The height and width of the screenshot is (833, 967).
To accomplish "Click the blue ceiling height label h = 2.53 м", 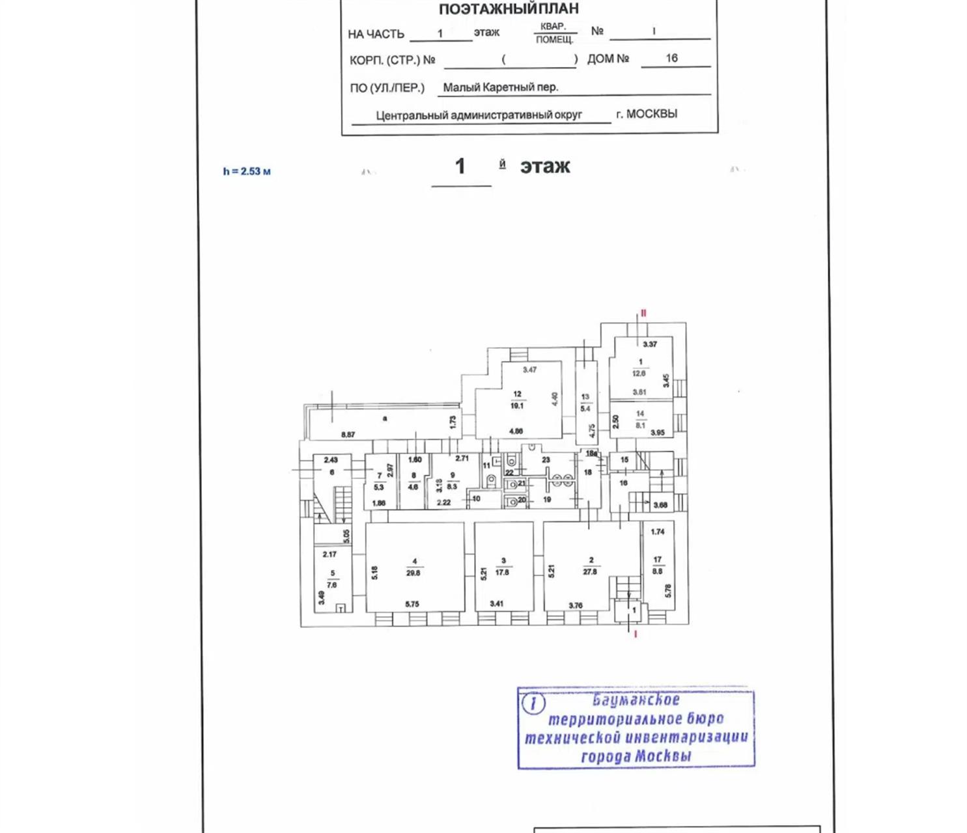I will pos(246,171).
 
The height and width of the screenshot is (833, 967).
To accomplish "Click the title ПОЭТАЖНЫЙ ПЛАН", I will pos(509,9).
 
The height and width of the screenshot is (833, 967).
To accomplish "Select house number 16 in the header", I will pos(671,58).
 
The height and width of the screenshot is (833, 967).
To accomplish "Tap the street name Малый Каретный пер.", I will pos(500,87).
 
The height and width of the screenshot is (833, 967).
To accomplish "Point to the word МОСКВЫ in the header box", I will pos(652,113).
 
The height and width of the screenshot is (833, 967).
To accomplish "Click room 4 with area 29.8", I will pos(414,567).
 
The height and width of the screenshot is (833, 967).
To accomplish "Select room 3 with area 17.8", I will pos(503,567).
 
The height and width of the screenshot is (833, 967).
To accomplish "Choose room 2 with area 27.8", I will pos(591,566).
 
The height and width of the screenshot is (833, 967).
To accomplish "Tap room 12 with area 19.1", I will pos(517,400).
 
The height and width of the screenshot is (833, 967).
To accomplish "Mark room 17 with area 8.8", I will pos(658,565).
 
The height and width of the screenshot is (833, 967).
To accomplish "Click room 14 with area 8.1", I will pos(640,420).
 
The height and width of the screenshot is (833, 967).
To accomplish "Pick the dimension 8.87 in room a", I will pos(348,434).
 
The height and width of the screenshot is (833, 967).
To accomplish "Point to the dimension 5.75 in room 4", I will pos(412,604).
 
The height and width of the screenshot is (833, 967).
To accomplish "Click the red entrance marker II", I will pos(643,313).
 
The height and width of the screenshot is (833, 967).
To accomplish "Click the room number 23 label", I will pos(546,459).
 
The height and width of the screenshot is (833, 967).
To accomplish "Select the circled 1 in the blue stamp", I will pos(533,703).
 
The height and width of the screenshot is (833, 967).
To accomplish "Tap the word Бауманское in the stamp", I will pos(636,700).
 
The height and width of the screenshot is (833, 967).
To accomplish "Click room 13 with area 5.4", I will pos(585,403).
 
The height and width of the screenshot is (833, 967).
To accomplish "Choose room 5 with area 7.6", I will pos(332,579).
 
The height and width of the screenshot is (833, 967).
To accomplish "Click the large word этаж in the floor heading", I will pos(545,167).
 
